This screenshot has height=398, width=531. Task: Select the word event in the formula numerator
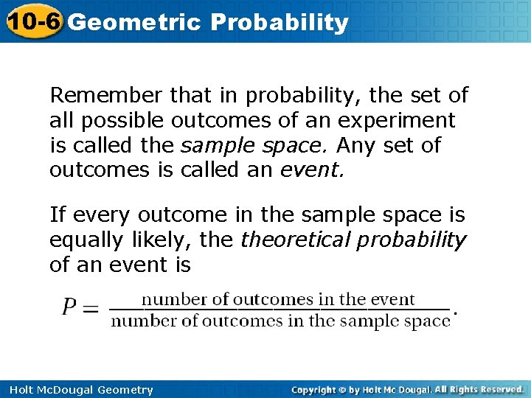tap(392, 299)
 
